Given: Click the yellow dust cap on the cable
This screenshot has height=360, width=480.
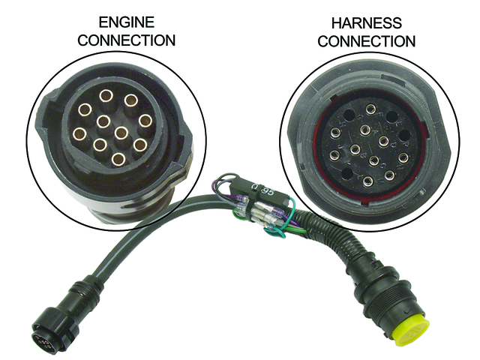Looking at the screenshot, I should point(409,324).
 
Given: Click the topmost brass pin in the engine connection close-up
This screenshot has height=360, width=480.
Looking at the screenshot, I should point(106,95).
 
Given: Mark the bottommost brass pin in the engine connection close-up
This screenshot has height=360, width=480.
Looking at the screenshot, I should point(118,158).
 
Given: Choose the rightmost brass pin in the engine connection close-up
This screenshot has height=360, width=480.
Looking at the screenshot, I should point(145,120).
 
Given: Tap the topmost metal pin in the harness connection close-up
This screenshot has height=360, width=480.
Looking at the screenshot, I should point(370,110).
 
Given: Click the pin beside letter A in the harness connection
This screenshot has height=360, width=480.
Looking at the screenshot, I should point(365,130).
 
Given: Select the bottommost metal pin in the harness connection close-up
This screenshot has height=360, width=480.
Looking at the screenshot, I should point(368,181).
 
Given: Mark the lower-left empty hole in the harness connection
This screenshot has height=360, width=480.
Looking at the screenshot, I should point(346,174).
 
